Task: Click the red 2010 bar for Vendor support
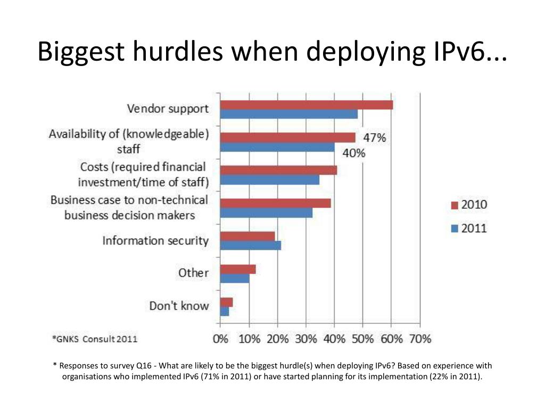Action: (x=306, y=105)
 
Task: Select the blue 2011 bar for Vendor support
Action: (x=288, y=114)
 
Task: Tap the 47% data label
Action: (x=375, y=138)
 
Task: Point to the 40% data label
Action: (x=353, y=153)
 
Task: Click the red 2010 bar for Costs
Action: (x=278, y=170)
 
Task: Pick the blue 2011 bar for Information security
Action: (x=250, y=246)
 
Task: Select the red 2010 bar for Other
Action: (x=238, y=269)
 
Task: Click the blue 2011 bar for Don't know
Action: (x=225, y=312)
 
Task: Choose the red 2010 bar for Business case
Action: (x=275, y=203)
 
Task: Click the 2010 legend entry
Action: (x=469, y=205)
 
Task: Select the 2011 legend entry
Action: (x=469, y=229)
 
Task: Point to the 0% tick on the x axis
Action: (x=220, y=339)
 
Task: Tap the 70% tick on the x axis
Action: (x=420, y=339)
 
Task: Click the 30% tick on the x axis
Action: (x=306, y=339)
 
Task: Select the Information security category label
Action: (x=155, y=241)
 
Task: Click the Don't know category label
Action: (x=179, y=306)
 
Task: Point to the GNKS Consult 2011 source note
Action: (x=95, y=338)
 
